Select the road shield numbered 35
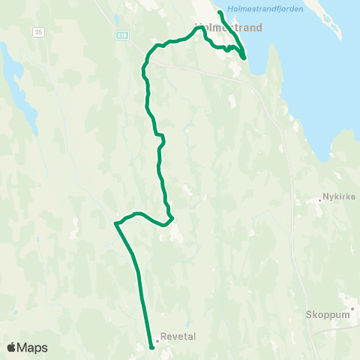(x=38, y=32)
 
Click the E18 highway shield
(x=123, y=34)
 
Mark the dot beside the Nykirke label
(x=319, y=200)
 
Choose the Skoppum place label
(x=328, y=315)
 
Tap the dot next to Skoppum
(x=352, y=308)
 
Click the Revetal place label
(x=178, y=337)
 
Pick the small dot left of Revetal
(x=157, y=341)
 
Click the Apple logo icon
(x=12, y=347)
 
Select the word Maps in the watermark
(x=32, y=347)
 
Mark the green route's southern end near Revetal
(x=152, y=347)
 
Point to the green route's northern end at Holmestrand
(x=219, y=13)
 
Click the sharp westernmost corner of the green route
(x=115, y=223)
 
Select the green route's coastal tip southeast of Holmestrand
(x=244, y=57)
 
